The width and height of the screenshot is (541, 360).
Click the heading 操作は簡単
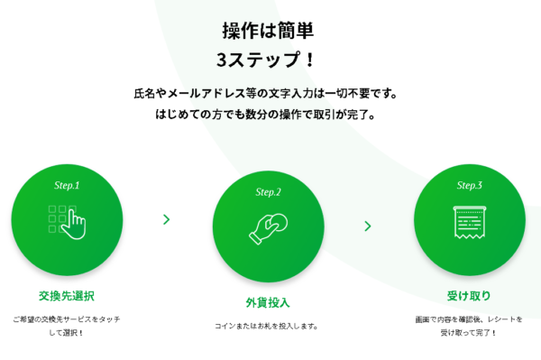268,30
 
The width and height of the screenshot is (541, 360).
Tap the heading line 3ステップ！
268,60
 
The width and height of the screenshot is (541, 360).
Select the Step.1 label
67,185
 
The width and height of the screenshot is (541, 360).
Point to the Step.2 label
268,192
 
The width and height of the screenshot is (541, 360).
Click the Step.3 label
469,185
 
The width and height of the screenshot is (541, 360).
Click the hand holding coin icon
268,226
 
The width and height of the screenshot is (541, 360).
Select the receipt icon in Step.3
469,222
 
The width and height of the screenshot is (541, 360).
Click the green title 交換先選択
67,295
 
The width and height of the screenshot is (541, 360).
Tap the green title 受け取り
469,295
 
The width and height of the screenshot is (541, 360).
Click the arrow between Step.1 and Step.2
167,218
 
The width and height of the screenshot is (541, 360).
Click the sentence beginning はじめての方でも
268,115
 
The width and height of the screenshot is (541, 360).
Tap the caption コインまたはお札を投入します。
268,326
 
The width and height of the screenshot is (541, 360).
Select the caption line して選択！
67,332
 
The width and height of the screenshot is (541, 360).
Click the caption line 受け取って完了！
469,332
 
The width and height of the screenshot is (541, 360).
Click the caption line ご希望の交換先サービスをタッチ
67,318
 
